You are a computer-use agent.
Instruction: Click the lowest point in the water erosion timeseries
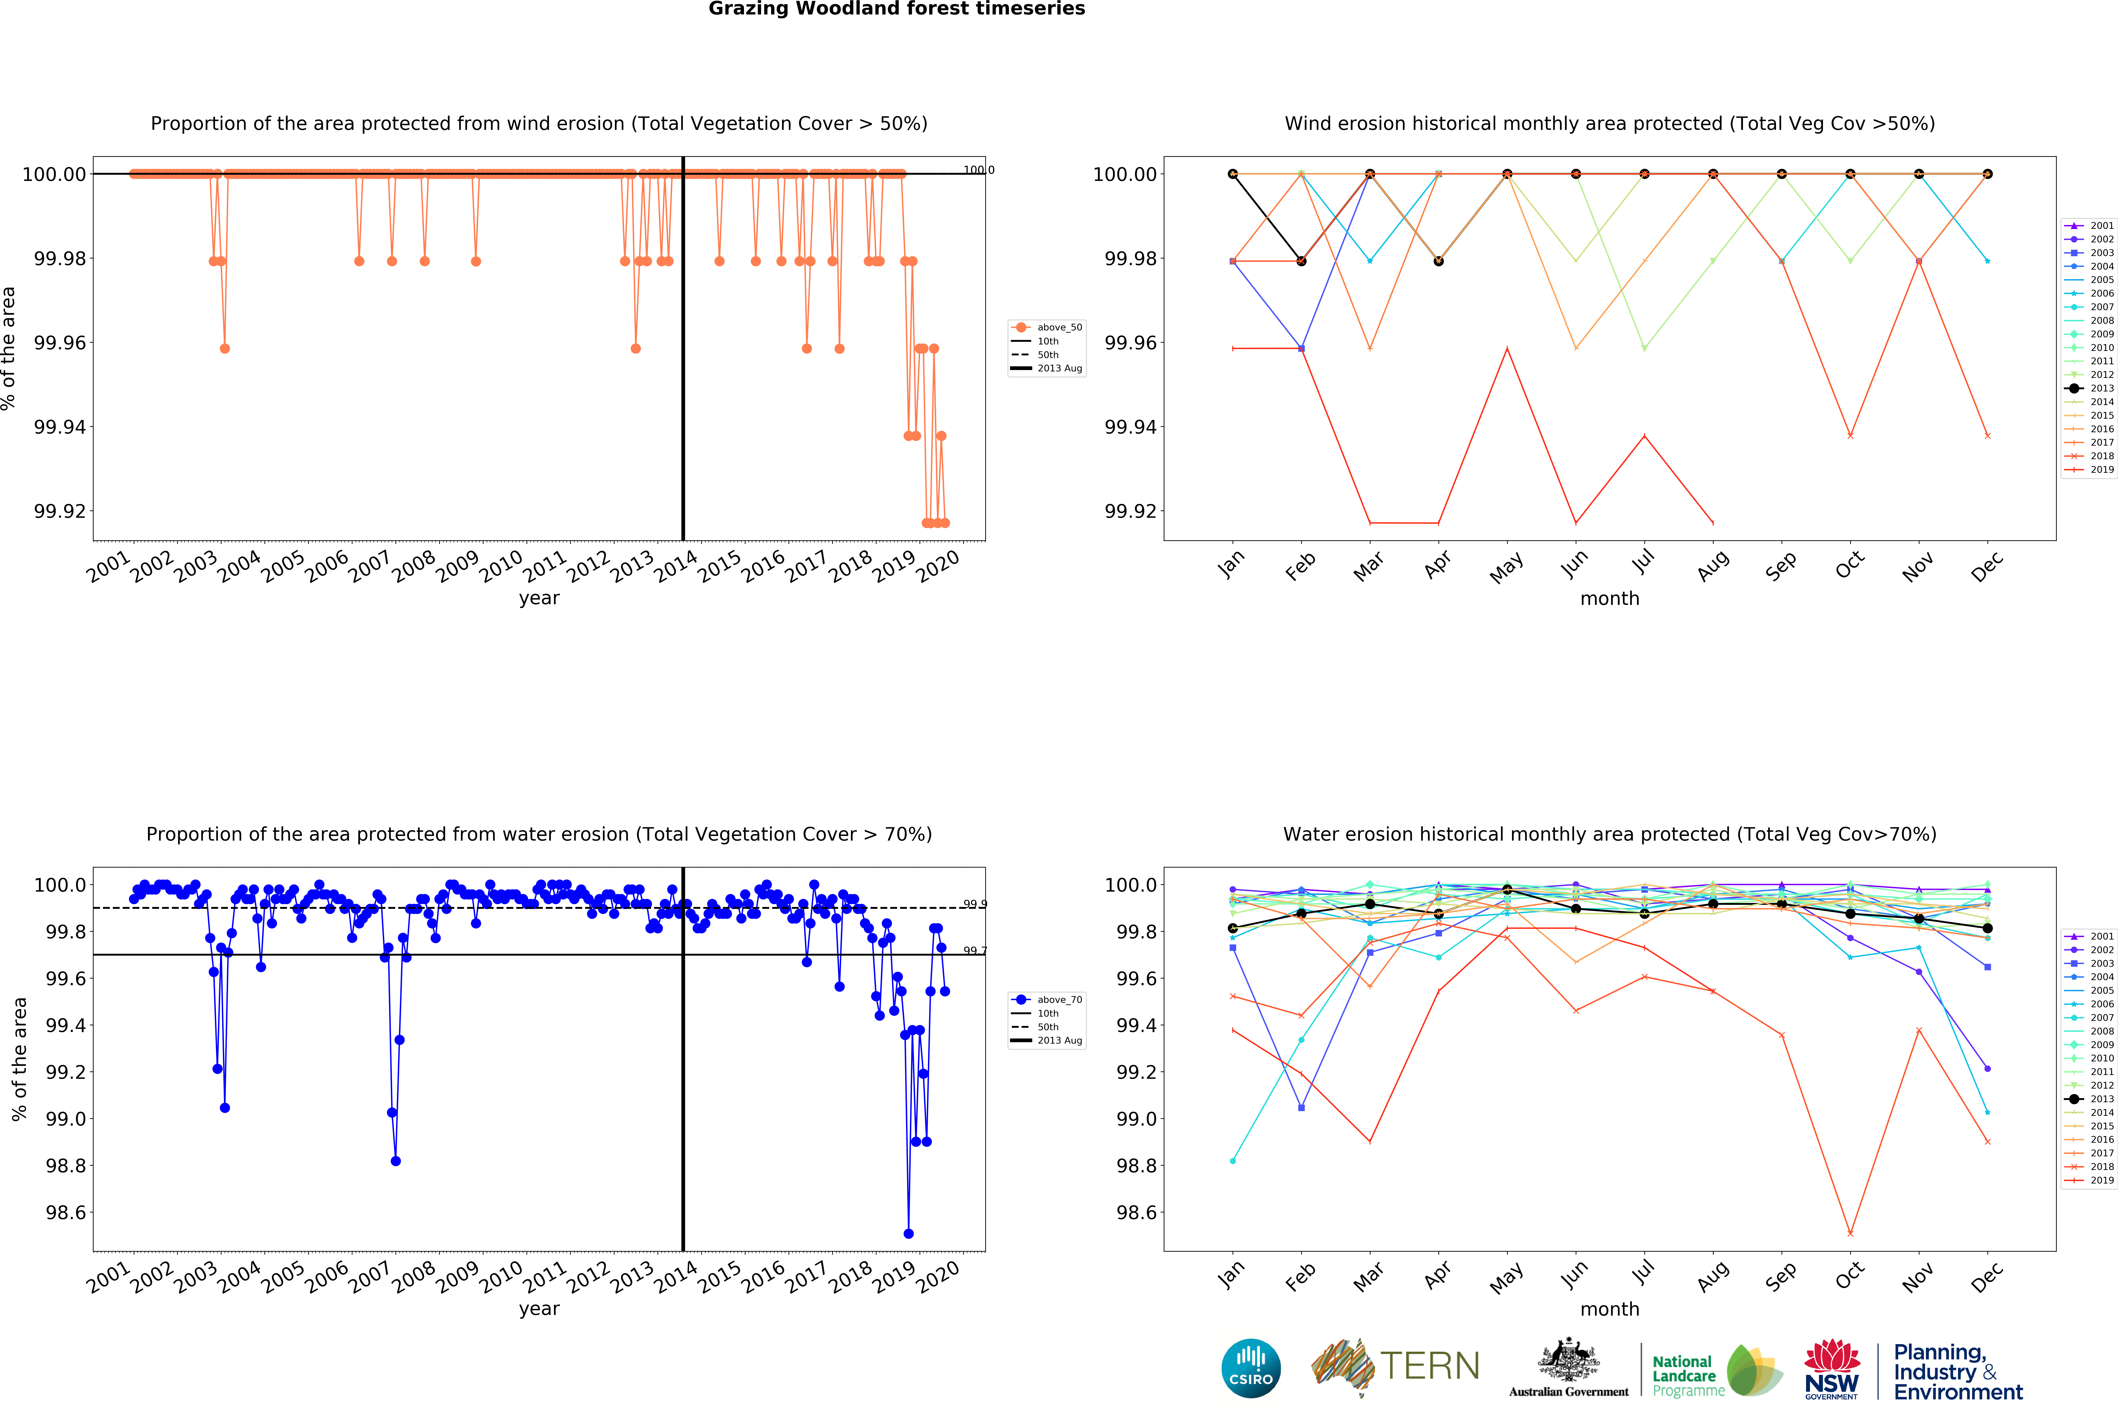click(x=908, y=1233)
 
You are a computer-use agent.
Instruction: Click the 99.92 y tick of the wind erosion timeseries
click(x=60, y=511)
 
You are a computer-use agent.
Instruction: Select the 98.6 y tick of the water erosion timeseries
click(x=66, y=1212)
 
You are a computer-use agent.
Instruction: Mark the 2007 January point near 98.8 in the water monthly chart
click(x=1232, y=1161)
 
